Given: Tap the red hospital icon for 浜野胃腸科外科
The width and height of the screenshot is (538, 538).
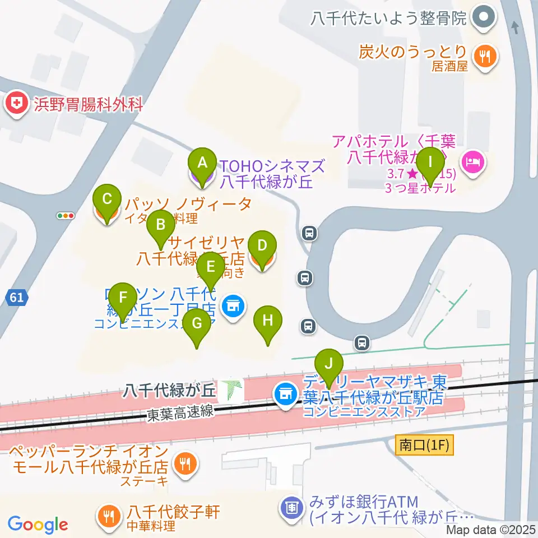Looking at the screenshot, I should pos(17,104).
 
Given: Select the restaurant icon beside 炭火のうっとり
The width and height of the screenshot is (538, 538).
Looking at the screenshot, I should pos(482,55).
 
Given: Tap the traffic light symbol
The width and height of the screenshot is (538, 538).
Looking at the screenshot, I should pos(66,215).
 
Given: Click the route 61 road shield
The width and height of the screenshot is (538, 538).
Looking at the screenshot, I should pos(17,298).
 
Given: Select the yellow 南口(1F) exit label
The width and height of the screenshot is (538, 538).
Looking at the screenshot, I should pos(423,446).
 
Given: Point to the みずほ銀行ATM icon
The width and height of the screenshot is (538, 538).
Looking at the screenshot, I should pos(292,508).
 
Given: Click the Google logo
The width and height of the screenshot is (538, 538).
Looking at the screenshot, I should pos(38,525).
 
